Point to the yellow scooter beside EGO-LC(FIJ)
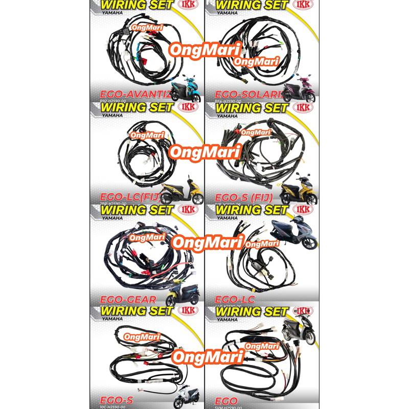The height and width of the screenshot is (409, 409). pyautogui.click(x=182, y=190)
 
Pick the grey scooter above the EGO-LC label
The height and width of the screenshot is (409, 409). pyautogui.click(x=292, y=233)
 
